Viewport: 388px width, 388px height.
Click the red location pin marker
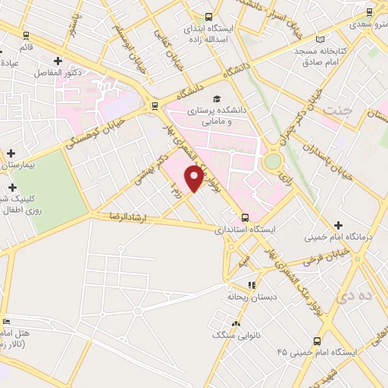pyautogui.click(x=195, y=178)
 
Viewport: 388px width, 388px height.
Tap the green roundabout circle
pyautogui.click(x=271, y=161)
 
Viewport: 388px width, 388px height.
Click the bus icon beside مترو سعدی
pyautogui.click(x=370, y=12)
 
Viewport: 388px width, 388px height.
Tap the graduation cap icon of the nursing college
pyautogui.click(x=217, y=99)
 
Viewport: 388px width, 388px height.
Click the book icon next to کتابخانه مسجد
pyautogui.click(x=321, y=39)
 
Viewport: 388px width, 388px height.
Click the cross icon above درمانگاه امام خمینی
pyautogui.click(x=338, y=225)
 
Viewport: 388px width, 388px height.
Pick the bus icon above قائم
pyautogui.click(x=27, y=35)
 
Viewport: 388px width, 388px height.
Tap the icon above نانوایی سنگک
pyautogui.click(x=236, y=324)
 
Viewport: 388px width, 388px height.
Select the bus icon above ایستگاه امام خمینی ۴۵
pyautogui.click(x=318, y=341)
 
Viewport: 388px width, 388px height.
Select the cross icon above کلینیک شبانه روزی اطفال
pyautogui.click(x=11, y=186)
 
